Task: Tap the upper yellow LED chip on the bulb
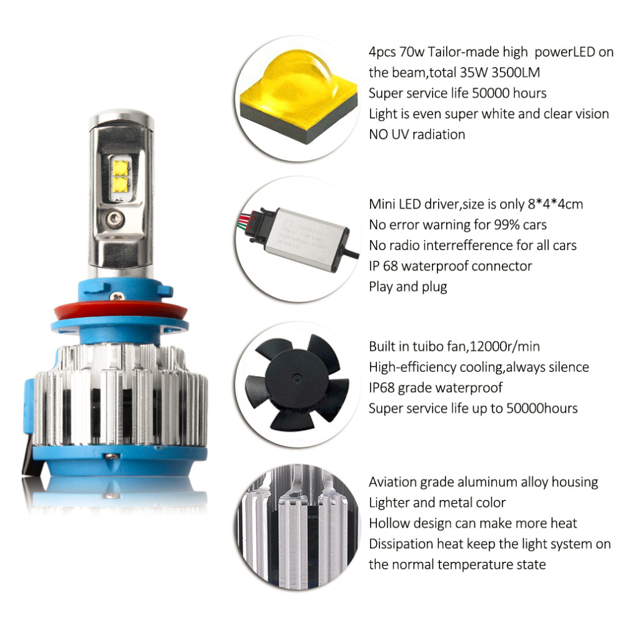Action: (x=121, y=167)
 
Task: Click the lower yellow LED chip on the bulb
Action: (x=121, y=184)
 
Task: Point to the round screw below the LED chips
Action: (x=115, y=218)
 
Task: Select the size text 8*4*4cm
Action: (x=555, y=204)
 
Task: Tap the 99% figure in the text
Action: (x=507, y=225)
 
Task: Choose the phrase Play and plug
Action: (x=408, y=287)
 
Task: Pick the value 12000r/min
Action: (x=504, y=346)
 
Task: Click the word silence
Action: (x=569, y=367)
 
